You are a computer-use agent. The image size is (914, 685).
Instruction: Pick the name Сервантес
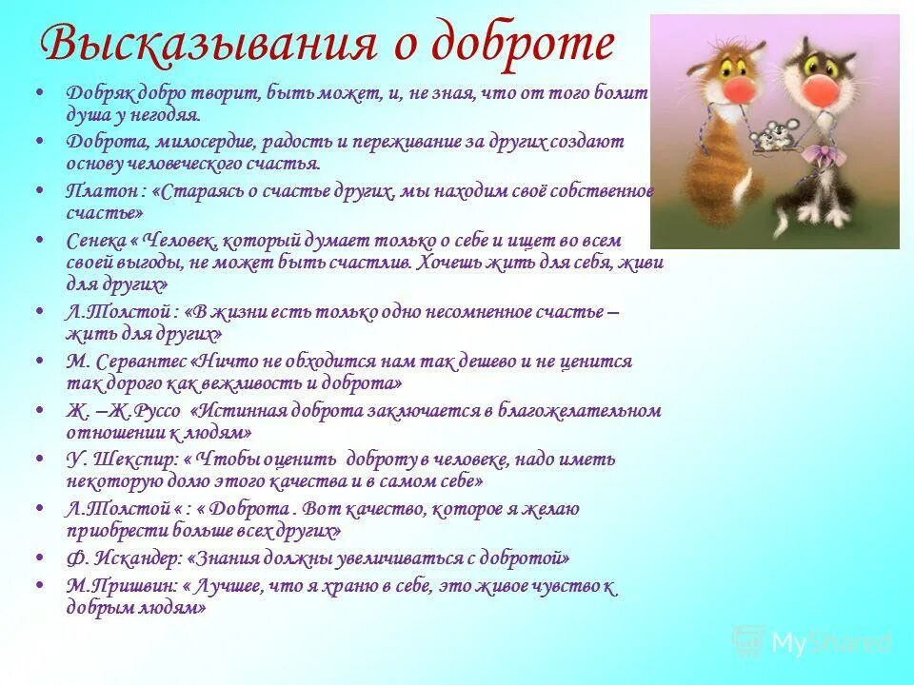coord(140,362)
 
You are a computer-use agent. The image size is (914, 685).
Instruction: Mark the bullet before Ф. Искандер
coord(39,558)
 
